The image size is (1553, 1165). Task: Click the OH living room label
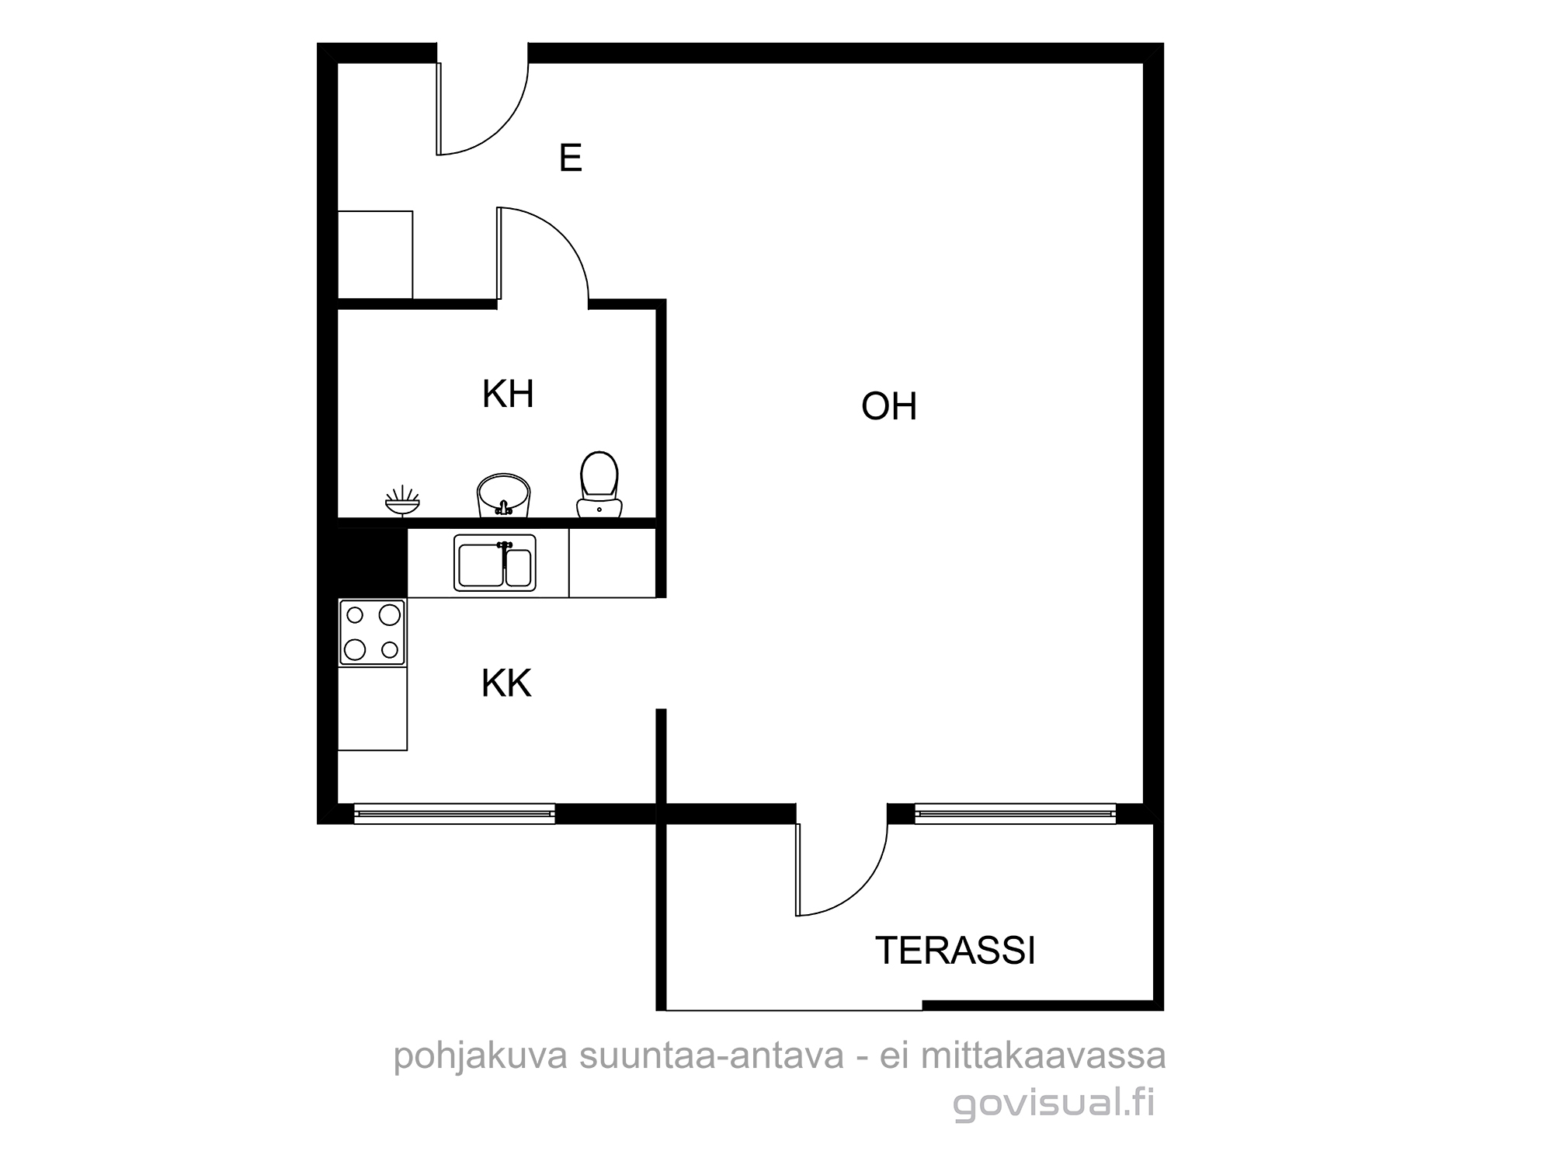click(889, 406)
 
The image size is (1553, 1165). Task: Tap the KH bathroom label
click(508, 394)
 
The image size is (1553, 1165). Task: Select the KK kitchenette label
click(506, 683)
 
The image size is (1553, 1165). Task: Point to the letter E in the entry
click(571, 158)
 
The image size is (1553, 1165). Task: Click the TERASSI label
click(955, 950)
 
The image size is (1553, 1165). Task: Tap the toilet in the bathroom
click(599, 485)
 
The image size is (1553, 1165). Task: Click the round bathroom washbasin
click(503, 495)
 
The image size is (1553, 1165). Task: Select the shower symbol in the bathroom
click(402, 499)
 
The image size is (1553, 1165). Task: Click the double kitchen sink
click(495, 563)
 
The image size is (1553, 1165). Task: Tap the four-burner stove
click(373, 632)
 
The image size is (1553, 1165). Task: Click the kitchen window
click(454, 813)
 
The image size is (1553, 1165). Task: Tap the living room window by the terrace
click(1016, 813)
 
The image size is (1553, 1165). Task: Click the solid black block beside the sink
click(373, 563)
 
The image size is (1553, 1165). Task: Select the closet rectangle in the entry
click(375, 254)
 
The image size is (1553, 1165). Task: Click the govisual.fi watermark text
click(1054, 1104)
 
